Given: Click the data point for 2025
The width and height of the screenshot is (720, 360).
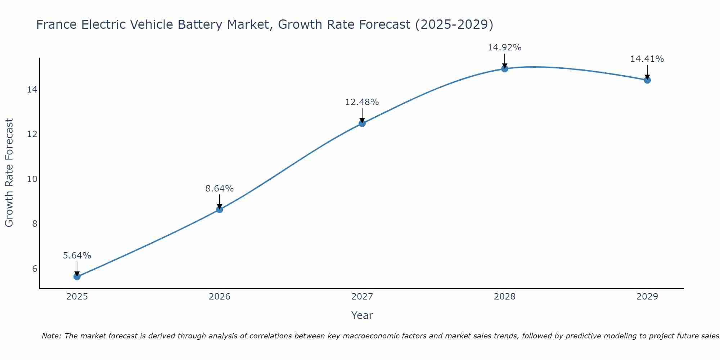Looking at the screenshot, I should click(x=77, y=276).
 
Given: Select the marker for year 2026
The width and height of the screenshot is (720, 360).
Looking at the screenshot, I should click(x=220, y=210).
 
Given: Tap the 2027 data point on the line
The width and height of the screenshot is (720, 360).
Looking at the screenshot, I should click(x=362, y=123).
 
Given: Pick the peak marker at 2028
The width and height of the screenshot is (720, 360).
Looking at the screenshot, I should click(x=505, y=69).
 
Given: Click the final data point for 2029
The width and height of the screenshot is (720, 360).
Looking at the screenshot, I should click(x=647, y=80).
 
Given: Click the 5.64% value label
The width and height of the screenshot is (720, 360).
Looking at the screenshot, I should click(x=77, y=256).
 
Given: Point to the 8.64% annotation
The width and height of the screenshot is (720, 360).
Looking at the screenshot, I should click(x=220, y=189).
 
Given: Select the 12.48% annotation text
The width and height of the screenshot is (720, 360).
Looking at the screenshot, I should click(x=362, y=102).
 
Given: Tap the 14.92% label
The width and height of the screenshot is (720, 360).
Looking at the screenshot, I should click(x=505, y=48).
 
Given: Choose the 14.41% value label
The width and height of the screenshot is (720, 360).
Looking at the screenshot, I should click(x=647, y=59).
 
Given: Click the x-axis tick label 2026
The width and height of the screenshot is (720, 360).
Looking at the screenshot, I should click(x=220, y=297).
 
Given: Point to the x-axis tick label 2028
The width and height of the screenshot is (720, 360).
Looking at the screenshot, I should click(x=505, y=297).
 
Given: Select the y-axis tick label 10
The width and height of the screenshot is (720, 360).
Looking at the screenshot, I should click(x=32, y=179).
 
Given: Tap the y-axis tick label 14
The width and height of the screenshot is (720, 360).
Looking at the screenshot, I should click(x=32, y=89).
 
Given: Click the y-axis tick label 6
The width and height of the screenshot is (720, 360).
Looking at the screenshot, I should click(x=35, y=269).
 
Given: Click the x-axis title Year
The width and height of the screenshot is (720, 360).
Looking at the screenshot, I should click(x=362, y=315).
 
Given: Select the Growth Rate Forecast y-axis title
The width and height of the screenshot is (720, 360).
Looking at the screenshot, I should click(x=9, y=172).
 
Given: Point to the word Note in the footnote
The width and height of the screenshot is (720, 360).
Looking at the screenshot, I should click(x=51, y=336).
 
